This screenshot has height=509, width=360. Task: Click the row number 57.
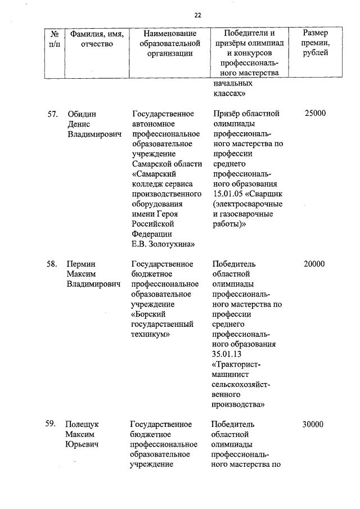click(x=53, y=114)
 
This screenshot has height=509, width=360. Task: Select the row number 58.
click(x=53, y=264)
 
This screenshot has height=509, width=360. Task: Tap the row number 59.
click(x=53, y=424)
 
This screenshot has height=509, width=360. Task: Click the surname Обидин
click(x=82, y=114)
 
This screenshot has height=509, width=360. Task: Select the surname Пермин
click(x=82, y=264)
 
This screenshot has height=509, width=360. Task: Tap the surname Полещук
click(x=84, y=425)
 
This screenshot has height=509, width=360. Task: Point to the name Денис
click(x=79, y=124)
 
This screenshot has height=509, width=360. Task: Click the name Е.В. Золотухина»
click(x=163, y=244)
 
